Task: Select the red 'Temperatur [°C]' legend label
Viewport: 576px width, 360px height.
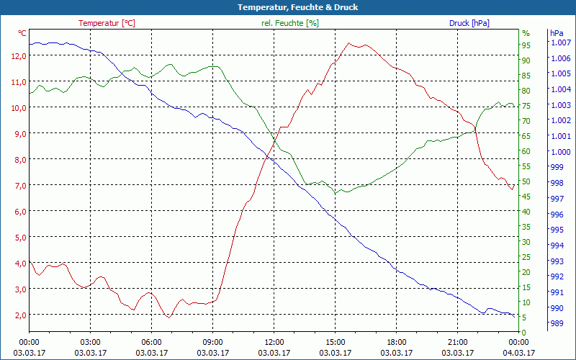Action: click(107, 23)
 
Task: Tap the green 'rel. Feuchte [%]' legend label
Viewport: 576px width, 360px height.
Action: click(289, 23)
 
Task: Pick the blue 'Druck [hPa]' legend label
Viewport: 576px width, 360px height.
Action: click(469, 23)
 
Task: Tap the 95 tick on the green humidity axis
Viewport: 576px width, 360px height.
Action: click(526, 45)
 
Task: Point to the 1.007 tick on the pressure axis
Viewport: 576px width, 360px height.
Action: click(559, 42)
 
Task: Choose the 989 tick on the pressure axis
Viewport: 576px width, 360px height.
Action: click(556, 324)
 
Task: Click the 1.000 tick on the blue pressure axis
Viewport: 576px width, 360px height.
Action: click(559, 152)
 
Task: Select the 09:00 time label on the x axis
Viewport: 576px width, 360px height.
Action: click(213, 342)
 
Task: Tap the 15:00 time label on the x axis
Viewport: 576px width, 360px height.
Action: click(336, 342)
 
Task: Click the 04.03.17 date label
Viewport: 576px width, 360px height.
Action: click(519, 353)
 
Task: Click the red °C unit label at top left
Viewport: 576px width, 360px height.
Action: click(22, 33)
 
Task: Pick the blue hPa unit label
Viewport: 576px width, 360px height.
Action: click(557, 33)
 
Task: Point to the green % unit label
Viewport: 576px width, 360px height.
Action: click(526, 33)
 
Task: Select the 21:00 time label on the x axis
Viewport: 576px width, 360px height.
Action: click(458, 342)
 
